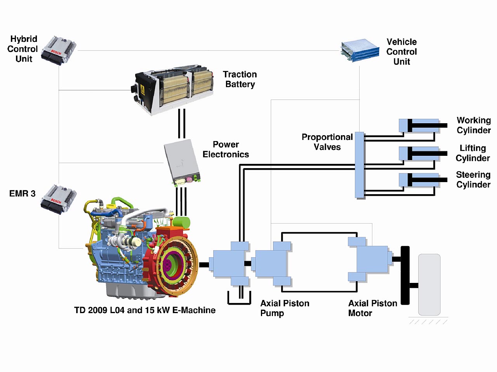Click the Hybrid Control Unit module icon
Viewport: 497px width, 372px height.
[58, 50]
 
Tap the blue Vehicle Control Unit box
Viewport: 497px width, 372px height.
[360, 50]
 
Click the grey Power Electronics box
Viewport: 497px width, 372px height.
[181, 161]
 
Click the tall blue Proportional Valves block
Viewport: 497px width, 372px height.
[360, 165]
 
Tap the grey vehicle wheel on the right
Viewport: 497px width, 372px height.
[429, 284]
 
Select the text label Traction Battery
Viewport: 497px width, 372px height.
[240, 79]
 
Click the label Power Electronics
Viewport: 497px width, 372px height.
[226, 150]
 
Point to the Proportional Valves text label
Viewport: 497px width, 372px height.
[327, 142]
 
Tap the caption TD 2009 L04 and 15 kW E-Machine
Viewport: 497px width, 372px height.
[145, 310]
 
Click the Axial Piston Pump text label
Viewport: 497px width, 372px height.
[285, 308]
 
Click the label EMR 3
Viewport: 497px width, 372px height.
[22, 193]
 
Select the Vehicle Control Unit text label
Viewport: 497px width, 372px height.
[401, 52]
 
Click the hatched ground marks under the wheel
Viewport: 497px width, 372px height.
[428, 322]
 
